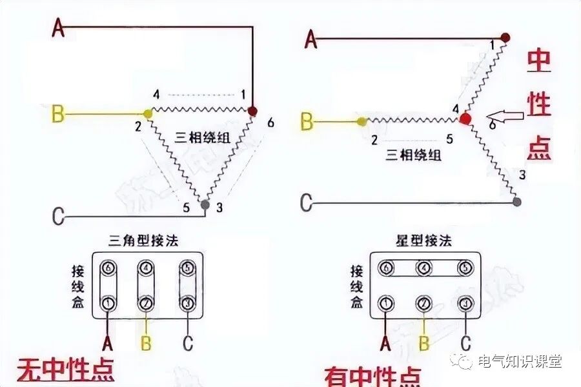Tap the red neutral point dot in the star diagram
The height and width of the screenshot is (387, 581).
click(x=465, y=119)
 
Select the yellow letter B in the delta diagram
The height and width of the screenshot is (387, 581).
click(x=57, y=115)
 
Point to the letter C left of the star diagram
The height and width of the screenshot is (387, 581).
click(x=308, y=203)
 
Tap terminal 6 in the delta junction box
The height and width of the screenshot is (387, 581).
click(x=108, y=266)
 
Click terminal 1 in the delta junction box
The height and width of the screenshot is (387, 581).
click(x=108, y=301)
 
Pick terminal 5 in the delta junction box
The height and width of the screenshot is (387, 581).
click(x=187, y=266)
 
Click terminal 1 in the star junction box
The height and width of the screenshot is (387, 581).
click(x=386, y=302)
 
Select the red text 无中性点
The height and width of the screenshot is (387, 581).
click(x=65, y=369)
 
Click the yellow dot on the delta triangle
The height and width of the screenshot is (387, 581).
click(x=148, y=114)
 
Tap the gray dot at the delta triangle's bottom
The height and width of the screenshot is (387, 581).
click(x=205, y=205)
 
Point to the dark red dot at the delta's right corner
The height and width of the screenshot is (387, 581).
click(x=252, y=111)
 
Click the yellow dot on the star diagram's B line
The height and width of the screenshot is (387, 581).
click(x=361, y=121)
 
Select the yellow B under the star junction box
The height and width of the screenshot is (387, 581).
click(x=424, y=344)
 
